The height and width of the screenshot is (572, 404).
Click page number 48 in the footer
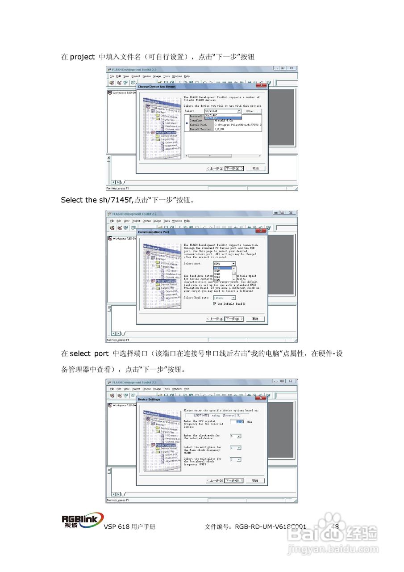335,526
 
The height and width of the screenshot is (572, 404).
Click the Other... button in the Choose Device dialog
252,111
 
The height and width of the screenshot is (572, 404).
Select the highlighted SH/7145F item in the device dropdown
222,118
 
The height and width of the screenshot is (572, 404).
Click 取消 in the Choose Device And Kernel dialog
255,168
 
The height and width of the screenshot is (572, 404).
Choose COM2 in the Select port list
217,271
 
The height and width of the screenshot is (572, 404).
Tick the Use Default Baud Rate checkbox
215,303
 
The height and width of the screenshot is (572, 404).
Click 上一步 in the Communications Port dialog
215,319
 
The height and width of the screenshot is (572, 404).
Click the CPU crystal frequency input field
237,421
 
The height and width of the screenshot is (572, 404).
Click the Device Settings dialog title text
149,400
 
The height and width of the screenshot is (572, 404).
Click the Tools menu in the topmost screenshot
166,76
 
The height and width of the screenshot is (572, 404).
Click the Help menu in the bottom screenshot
187,389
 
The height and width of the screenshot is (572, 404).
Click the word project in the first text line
82,57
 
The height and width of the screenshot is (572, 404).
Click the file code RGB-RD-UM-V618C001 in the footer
271,527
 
